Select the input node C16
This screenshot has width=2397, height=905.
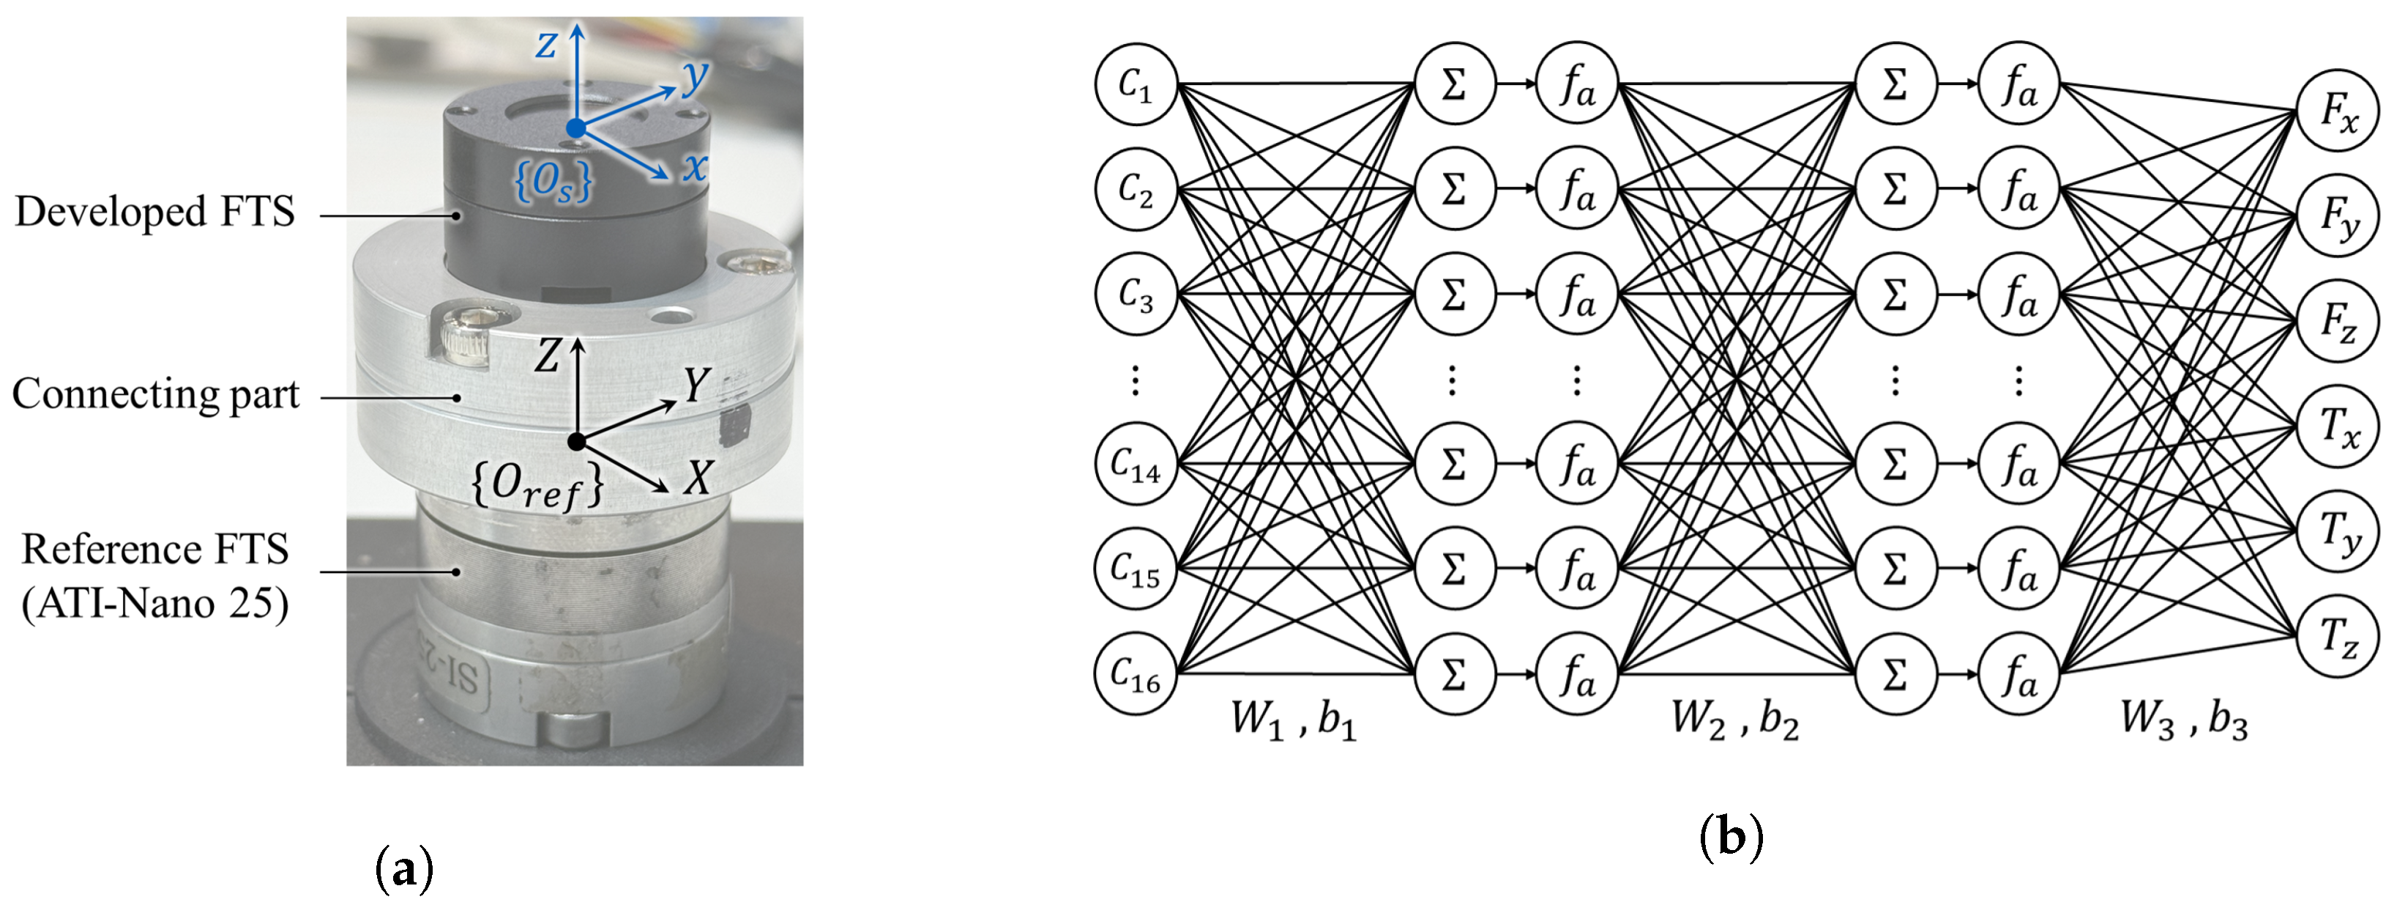1136,674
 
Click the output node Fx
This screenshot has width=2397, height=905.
2338,111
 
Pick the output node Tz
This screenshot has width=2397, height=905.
2338,638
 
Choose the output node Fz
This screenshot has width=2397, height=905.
2338,321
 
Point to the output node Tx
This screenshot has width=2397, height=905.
2338,427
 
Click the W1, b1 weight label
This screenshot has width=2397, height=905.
1294,720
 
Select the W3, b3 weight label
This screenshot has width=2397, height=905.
2184,720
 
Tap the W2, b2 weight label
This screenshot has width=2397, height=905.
1734,720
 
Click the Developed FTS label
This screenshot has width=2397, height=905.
154,213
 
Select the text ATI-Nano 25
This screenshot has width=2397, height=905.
155,605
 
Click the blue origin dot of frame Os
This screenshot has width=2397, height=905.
577,128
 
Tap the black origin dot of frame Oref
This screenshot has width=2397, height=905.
577,441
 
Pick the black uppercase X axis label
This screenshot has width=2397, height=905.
697,479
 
